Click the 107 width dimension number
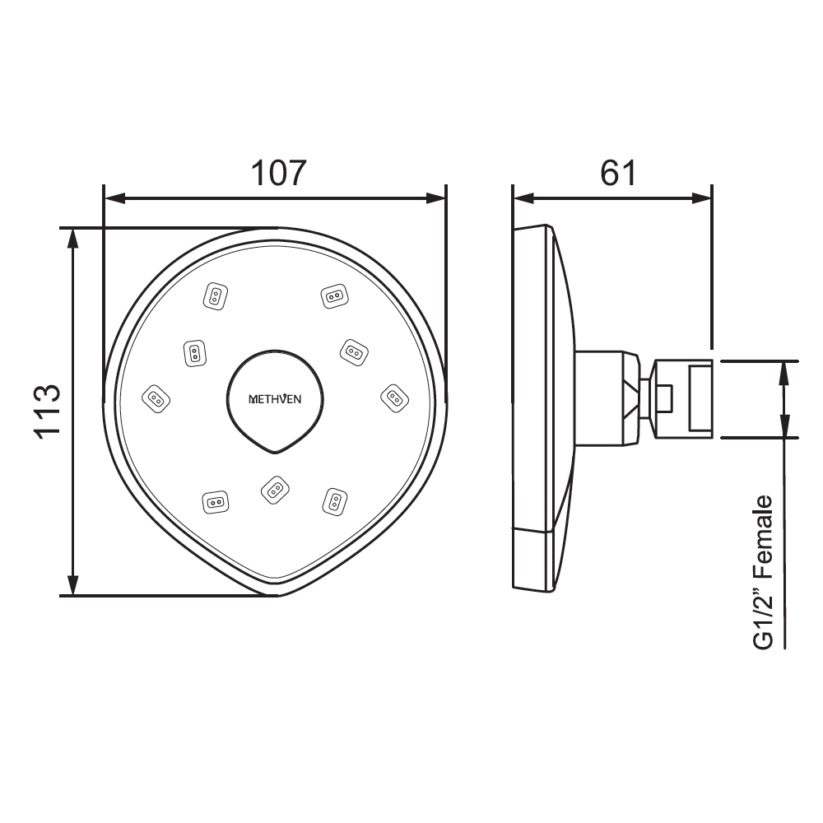[x=278, y=173]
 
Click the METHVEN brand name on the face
[x=275, y=399]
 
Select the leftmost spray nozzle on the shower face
[x=156, y=399]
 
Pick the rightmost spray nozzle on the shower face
[x=394, y=398]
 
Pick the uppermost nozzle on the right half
[x=333, y=295]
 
